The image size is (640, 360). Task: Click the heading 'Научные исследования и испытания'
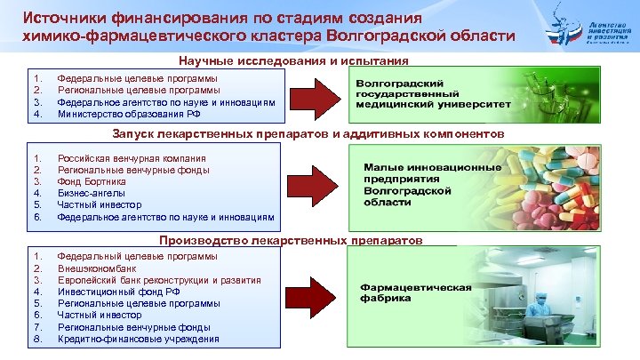(293, 60)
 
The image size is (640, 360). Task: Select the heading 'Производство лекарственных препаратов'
(292, 240)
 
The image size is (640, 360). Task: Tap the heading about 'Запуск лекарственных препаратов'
(308, 132)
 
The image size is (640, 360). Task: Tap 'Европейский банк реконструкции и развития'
(159, 280)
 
